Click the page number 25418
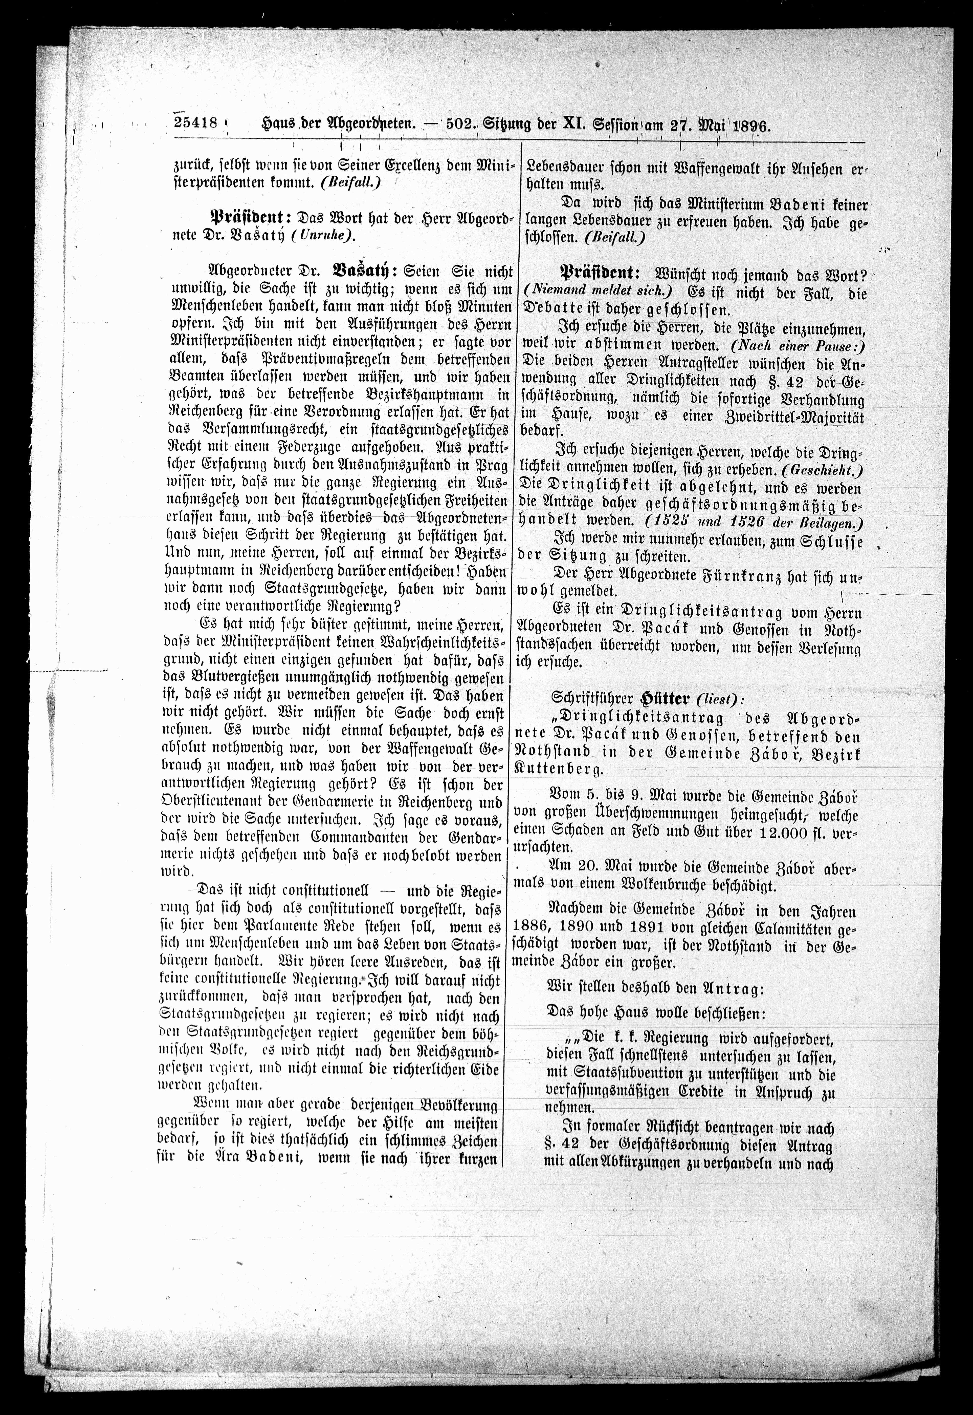196,122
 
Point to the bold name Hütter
655,697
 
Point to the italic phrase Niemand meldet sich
599,292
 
